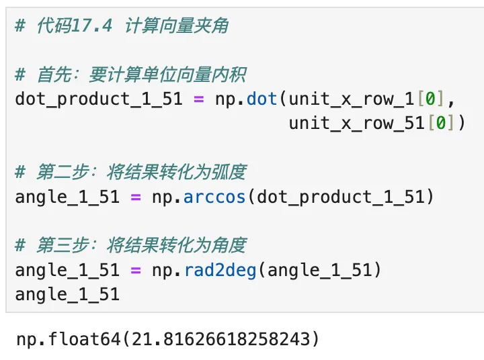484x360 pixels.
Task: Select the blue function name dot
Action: pyautogui.click(x=262, y=99)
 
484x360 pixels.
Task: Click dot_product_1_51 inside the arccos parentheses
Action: pyautogui.click(x=341, y=197)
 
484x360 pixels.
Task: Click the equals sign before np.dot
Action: pyautogui.click(x=198, y=99)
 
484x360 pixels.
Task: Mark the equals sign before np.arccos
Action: pyautogui.click(x=136, y=197)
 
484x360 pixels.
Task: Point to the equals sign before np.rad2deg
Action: pyautogui.click(x=136, y=270)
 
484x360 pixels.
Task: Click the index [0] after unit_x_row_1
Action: pyautogui.click(x=430, y=99)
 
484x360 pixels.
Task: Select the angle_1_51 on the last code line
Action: pyautogui.click(x=67, y=294)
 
